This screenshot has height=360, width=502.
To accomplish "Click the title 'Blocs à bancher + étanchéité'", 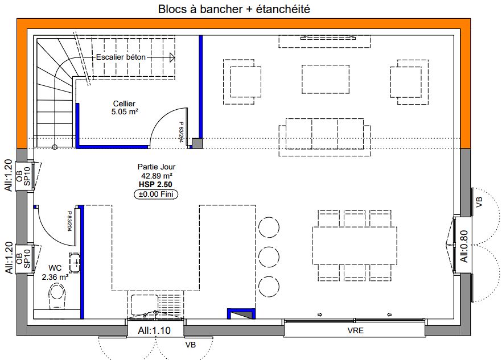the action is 234,9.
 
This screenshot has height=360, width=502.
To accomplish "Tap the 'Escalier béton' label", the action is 121,57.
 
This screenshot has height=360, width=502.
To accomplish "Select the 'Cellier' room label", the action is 124,104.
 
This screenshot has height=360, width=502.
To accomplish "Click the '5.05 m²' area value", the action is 125,112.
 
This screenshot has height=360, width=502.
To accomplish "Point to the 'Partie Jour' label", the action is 157,167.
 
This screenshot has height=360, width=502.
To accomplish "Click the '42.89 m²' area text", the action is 157,176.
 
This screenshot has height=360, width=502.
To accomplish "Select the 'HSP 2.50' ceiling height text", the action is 155,185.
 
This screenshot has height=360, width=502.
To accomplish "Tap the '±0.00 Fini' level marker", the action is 156,195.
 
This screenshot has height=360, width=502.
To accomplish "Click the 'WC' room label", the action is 55,268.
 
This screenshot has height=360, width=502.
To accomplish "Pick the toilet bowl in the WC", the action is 57,297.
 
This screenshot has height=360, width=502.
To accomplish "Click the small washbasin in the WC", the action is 75,263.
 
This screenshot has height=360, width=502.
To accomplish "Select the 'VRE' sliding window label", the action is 355,330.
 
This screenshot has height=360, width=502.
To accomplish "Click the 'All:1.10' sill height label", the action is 154,330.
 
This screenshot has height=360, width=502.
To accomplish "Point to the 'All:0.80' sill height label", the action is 464,246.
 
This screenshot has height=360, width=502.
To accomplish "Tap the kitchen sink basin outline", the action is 145,305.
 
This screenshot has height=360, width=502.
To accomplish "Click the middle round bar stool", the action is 269,256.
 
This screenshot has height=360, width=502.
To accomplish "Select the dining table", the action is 355,246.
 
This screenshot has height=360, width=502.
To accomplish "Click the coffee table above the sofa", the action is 326,80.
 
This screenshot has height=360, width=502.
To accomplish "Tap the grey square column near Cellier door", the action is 197,143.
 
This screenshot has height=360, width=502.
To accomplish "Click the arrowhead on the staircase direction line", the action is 172,57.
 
